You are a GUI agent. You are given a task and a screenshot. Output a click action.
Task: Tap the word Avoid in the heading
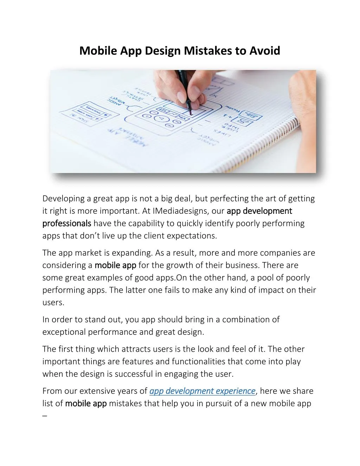[265, 51]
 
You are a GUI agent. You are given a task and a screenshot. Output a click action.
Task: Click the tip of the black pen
[190, 114]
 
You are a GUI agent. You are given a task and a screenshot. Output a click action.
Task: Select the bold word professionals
[67, 223]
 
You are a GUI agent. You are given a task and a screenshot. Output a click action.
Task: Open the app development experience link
[202, 391]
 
